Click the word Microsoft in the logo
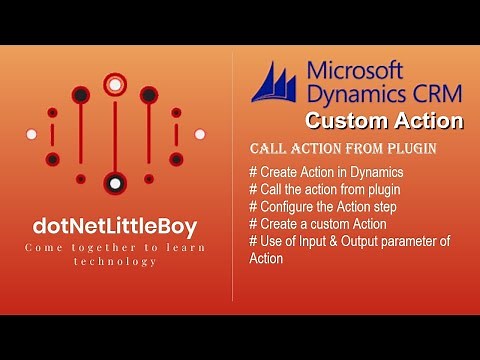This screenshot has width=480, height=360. [x=355, y=71]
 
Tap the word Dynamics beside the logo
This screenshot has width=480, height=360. [x=356, y=95]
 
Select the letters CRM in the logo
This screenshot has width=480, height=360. [x=434, y=95]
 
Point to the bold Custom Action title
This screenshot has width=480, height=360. [x=384, y=122]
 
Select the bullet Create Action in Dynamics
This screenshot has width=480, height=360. [x=326, y=173]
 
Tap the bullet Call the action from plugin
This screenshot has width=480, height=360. [x=324, y=190]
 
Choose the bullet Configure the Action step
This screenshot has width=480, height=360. [x=327, y=207]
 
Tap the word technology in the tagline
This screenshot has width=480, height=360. [x=114, y=261]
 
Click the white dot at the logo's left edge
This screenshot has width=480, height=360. [x=31, y=133]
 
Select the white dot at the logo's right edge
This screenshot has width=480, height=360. [x=199, y=133]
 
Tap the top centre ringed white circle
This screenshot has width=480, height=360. [x=115, y=85]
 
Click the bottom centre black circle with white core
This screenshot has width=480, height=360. [x=115, y=184]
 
